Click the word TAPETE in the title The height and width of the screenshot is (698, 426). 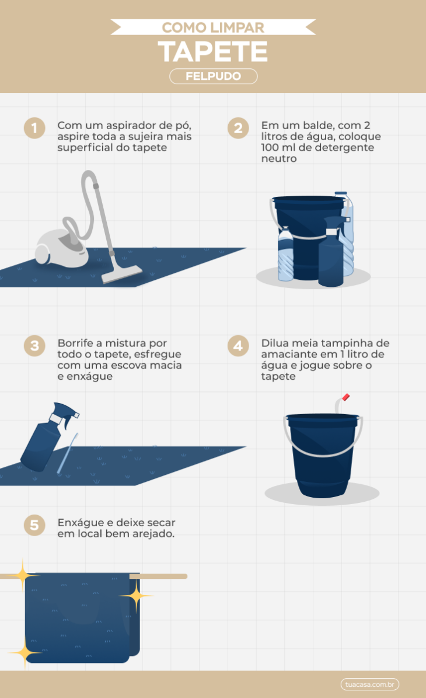(213, 51)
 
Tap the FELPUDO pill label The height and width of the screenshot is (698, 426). (213, 77)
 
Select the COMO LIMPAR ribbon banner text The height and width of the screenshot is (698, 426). (213, 27)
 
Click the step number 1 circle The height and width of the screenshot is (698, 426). (34, 129)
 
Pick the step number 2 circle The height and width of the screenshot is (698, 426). (238, 129)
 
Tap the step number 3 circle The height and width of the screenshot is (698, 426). (34, 346)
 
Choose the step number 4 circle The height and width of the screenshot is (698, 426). (238, 346)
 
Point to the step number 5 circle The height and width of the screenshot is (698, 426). (34, 524)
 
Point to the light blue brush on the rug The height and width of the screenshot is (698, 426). (67, 453)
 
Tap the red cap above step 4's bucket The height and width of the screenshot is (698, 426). (345, 397)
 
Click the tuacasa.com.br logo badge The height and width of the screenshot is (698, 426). (370, 684)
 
